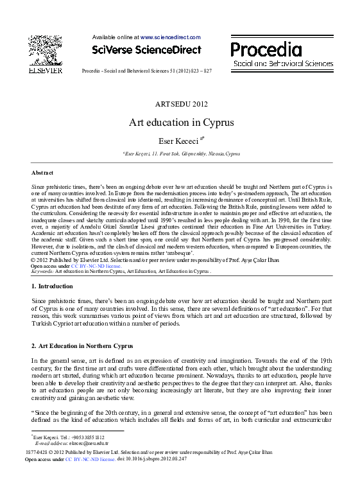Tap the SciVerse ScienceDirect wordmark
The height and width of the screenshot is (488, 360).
point(146,50)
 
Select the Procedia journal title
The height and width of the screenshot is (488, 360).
point(266,49)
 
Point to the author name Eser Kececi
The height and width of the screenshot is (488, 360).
point(179,140)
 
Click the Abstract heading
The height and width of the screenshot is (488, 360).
point(42,173)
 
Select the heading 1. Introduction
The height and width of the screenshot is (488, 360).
point(53,287)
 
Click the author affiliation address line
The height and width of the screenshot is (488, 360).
point(181,154)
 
